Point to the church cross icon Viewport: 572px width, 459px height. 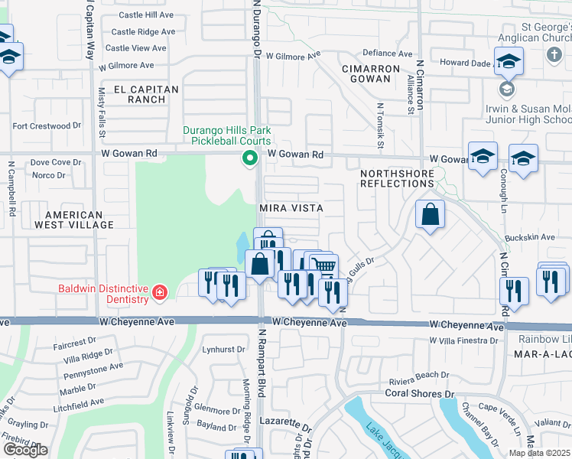pos(554,55)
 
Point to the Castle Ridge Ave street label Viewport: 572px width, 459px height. pos(143,32)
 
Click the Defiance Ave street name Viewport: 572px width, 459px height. pos(387,54)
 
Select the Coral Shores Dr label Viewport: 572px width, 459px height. pos(414,394)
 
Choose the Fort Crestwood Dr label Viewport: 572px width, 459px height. pos(47,125)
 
